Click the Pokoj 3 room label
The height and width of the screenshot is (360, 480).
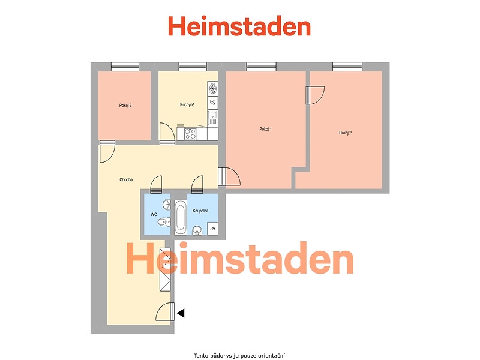(125, 106)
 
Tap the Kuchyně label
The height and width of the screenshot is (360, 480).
(187, 104)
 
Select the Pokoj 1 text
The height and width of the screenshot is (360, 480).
(265, 129)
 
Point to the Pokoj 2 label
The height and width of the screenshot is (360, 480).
(346, 133)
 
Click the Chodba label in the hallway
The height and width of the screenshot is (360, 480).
(126, 179)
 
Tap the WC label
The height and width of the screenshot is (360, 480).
(154, 215)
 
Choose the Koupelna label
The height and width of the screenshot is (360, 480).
(200, 211)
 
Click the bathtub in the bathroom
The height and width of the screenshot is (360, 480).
(181, 217)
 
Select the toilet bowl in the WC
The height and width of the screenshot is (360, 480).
(164, 221)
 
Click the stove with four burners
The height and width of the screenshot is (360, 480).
(190, 134)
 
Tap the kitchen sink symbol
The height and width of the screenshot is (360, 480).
(212, 118)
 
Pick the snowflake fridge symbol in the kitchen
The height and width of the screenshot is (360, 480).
(212, 89)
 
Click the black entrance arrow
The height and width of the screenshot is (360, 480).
(181, 313)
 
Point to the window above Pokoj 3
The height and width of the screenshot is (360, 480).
(125, 67)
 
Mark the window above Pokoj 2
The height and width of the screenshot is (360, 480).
(347, 67)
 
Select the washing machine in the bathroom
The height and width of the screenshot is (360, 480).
(212, 229)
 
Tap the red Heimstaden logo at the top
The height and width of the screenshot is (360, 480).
(239, 26)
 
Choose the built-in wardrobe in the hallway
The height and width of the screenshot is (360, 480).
(165, 269)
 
